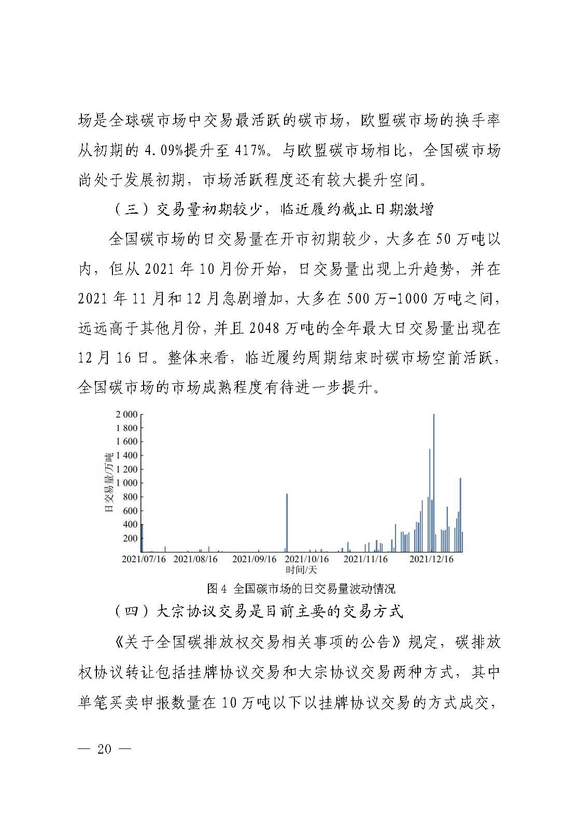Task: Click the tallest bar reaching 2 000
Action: (x=433, y=482)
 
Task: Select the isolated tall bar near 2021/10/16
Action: (x=287, y=522)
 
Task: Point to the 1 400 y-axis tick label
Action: (x=126, y=455)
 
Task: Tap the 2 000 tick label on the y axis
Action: (x=126, y=414)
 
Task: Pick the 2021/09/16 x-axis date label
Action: (x=254, y=560)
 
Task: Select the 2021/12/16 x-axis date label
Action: (x=431, y=560)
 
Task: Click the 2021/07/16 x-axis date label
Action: (x=144, y=560)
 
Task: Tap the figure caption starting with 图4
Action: (x=301, y=589)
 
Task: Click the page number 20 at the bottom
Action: (x=104, y=749)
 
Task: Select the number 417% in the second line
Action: (x=252, y=151)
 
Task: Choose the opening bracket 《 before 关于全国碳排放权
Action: (x=118, y=642)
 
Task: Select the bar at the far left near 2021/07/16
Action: (x=142, y=538)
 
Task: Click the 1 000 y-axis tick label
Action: (x=126, y=483)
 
